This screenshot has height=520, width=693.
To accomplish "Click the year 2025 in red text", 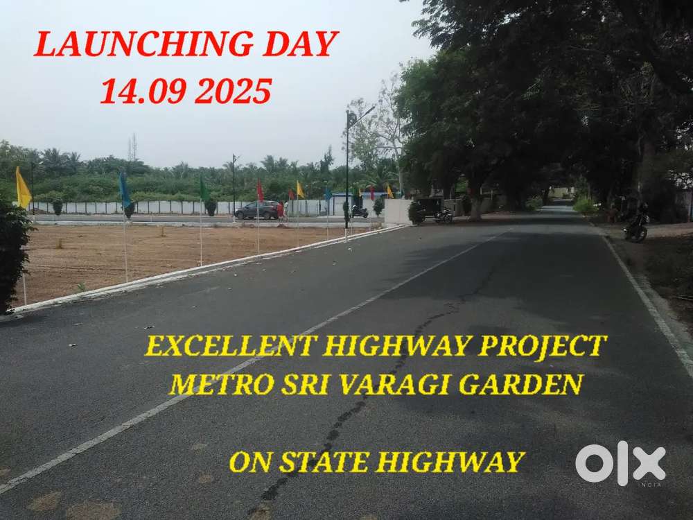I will click(233, 92).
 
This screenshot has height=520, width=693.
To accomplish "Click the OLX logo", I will click(620, 463).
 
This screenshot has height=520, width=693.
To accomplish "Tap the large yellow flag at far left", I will click(23, 189).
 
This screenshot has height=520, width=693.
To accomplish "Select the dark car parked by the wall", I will click(256, 210).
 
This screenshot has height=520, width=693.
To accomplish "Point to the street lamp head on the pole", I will click(353, 119).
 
